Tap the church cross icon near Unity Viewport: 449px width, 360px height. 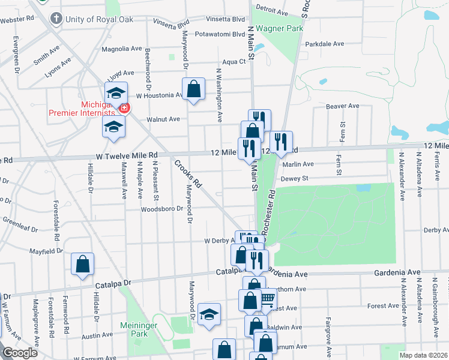56,18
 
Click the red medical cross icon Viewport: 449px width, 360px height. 124,108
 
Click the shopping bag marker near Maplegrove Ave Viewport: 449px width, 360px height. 82,264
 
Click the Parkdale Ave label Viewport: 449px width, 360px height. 324,44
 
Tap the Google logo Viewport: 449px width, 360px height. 19,353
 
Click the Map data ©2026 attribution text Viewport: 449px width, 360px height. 424,355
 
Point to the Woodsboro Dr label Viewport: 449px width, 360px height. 161,209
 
